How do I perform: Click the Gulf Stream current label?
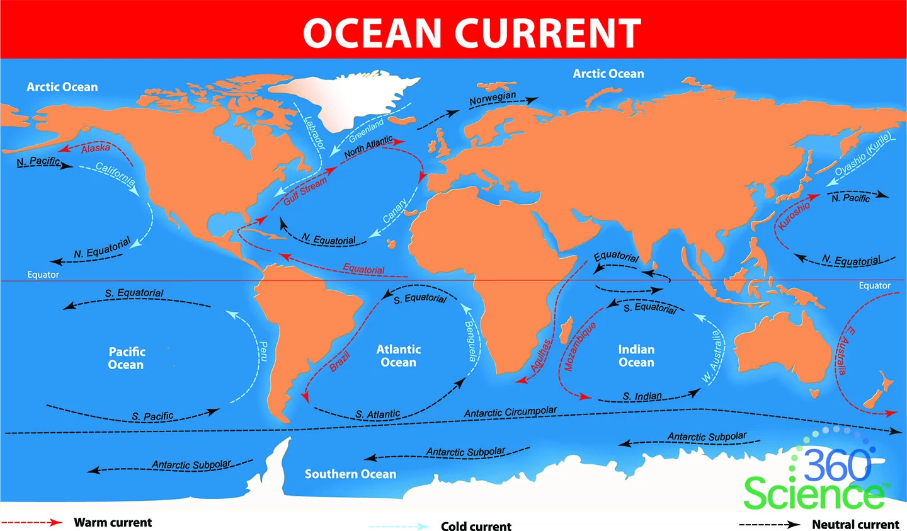pyautogui.click(x=305, y=191)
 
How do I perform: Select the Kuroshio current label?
pyautogui.click(x=794, y=215)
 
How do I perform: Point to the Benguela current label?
pyautogui.click(x=471, y=341)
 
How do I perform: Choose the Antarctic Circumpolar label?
pyautogui.click(x=510, y=412)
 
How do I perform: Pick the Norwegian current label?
pyautogui.click(x=493, y=98)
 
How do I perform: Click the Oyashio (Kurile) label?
pyautogui.click(x=863, y=155)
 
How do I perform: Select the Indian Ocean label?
pyautogui.click(x=636, y=356)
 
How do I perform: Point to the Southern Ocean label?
pyautogui.click(x=350, y=474)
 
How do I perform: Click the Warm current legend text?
pyautogui.click(x=113, y=522)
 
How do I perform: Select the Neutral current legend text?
pyautogui.click(x=855, y=524)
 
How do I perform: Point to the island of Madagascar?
pyautogui.click(x=566, y=330)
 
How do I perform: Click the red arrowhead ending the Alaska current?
pyautogui.click(x=63, y=149)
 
